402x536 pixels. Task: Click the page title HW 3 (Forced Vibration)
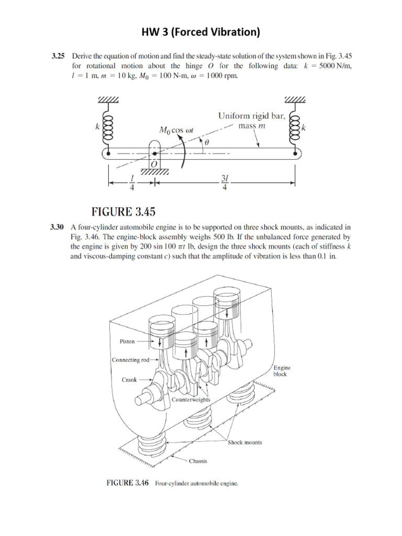coord(201,32)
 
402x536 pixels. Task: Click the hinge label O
coord(154,164)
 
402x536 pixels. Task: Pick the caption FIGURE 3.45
coord(124,212)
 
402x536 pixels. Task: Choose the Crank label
coord(129,380)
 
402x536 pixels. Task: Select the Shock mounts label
coord(245,442)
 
